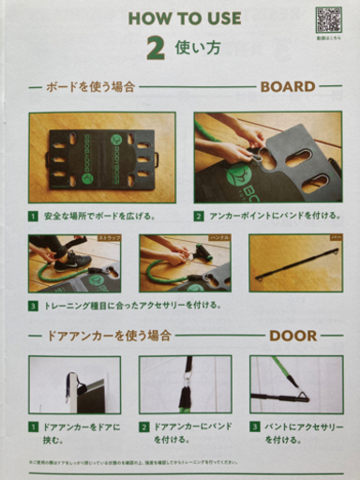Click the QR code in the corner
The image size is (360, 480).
(328, 20)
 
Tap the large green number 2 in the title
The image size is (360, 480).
(157, 47)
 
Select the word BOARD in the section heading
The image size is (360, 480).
(287, 86)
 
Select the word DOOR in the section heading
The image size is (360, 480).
(293, 335)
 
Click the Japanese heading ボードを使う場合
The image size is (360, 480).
(89, 87)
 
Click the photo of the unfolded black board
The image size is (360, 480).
(101, 157)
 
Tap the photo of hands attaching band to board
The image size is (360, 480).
(267, 157)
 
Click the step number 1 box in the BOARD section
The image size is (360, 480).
(33, 215)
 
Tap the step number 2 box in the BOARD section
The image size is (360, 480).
(199, 215)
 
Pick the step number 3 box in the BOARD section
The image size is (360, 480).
(33, 306)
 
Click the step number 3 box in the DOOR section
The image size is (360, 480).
(254, 427)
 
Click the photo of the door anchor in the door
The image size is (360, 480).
(74, 384)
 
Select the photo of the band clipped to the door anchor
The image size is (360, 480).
(186, 384)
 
